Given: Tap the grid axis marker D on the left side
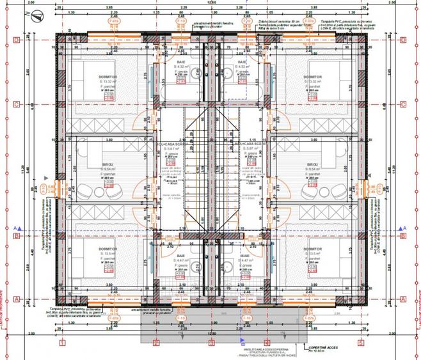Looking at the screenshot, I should point(19,39).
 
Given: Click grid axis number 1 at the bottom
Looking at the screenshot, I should point(61,343).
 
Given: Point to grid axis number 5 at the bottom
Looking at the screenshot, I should point(361,343).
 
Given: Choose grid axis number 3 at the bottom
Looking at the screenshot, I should point(211,343).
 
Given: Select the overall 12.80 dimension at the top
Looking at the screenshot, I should point(210,3).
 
